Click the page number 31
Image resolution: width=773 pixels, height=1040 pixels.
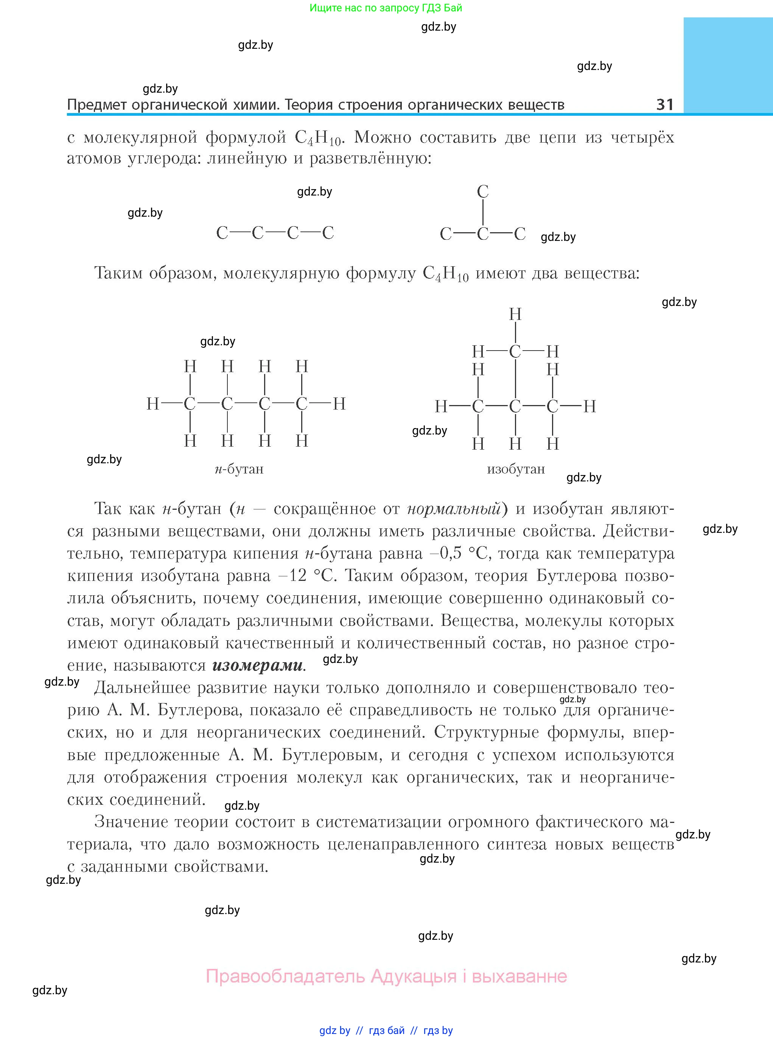664,104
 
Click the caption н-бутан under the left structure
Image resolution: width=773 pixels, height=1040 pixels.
239,469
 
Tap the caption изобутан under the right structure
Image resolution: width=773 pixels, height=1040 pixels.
516,469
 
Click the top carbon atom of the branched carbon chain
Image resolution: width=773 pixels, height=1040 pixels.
482,191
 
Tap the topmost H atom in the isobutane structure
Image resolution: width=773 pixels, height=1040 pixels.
515,314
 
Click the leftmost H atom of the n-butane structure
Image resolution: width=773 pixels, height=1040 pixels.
153,404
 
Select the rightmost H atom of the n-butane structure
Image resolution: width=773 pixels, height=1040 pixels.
339,404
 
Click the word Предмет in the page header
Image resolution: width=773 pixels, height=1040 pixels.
97,105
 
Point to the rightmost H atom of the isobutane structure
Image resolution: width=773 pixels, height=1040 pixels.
589,407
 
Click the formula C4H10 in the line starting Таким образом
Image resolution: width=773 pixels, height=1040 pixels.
445,273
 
